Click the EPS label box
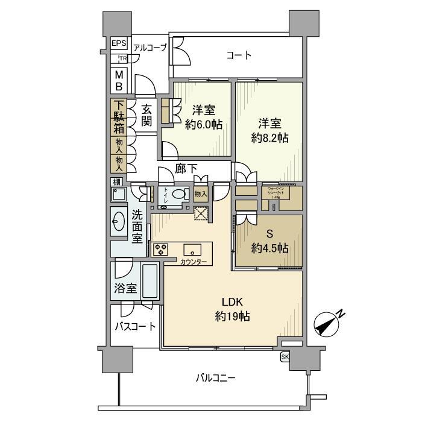point(118,44)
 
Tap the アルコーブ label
point(150,48)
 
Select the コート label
point(239,55)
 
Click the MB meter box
point(119,80)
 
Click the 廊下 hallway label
point(186,169)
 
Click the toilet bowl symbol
point(178,194)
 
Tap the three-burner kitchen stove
point(162,249)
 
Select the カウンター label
point(193,262)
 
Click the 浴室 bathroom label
point(125,288)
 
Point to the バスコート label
point(136,327)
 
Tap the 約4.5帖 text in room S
point(269,248)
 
